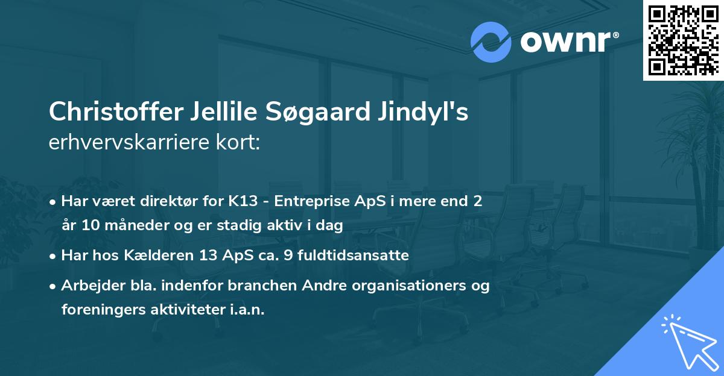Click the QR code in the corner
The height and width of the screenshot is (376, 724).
pos(684,40)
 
